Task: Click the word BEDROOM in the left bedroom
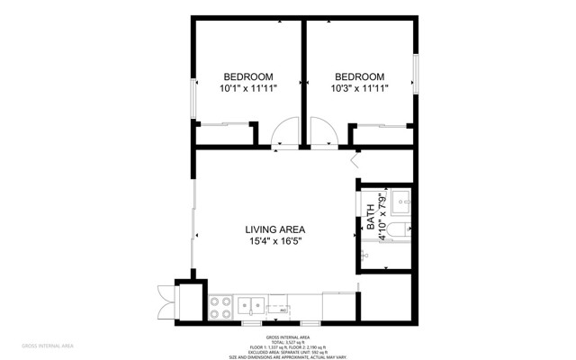point(248,76)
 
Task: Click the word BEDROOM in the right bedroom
point(360,76)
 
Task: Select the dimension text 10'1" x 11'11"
point(248,88)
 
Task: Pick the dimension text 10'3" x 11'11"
point(360,88)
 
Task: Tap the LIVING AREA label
point(275,229)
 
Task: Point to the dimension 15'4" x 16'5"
point(275,241)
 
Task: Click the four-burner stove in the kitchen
point(219,306)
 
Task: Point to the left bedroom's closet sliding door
point(223,124)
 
